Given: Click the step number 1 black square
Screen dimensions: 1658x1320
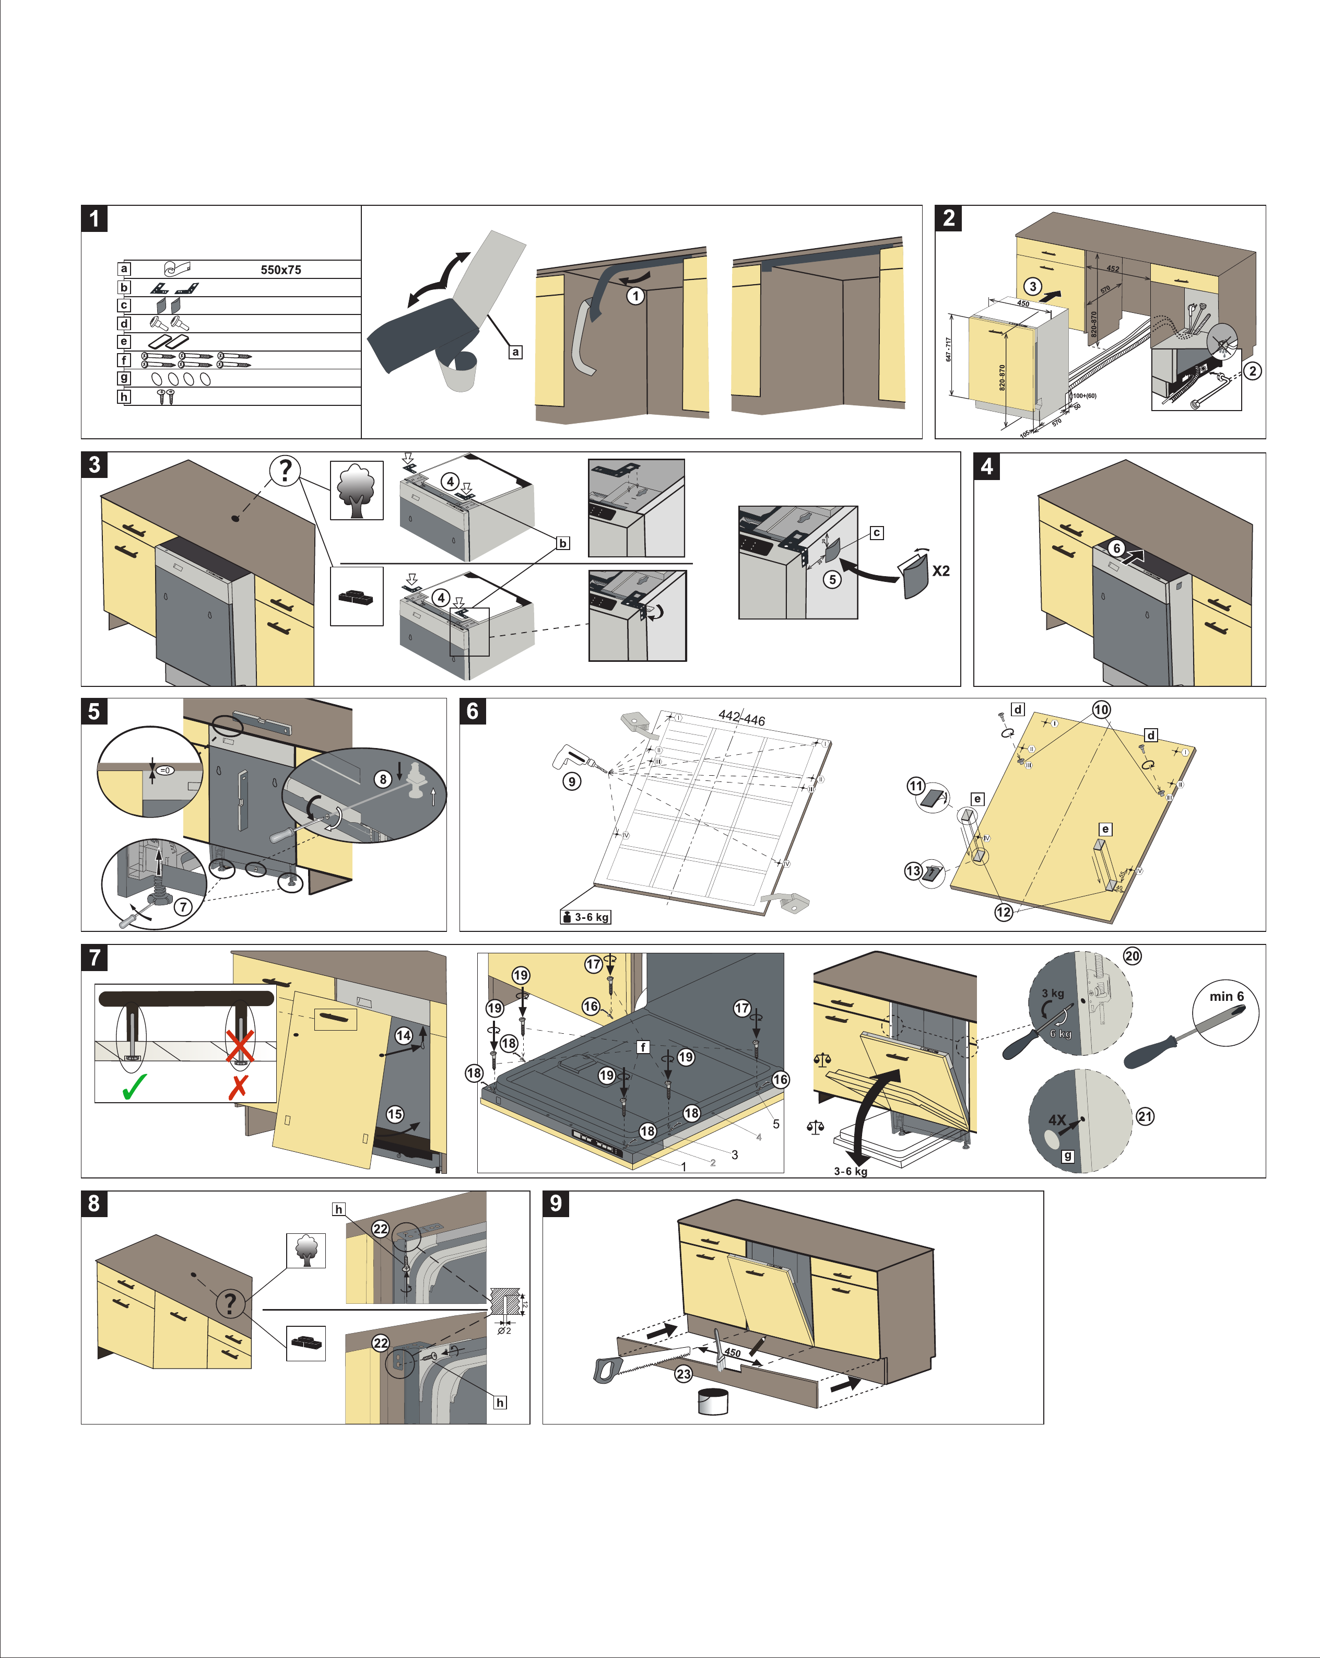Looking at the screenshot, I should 95,218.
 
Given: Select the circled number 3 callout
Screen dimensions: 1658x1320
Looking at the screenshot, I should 1032,286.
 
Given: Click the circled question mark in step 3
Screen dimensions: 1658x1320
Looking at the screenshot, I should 285,469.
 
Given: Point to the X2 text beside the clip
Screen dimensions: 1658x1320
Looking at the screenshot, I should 941,570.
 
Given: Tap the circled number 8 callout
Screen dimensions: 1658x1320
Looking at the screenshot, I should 383,779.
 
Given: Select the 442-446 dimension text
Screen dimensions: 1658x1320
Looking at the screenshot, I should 742,718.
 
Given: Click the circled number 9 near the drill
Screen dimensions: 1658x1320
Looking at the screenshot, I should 571,781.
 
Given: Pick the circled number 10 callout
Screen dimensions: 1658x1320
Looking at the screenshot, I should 1101,709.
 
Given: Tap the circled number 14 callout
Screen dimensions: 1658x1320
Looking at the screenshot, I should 403,1035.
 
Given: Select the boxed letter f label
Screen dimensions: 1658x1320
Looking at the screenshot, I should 643,1047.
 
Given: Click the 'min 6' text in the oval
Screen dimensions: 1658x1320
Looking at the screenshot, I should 1226,996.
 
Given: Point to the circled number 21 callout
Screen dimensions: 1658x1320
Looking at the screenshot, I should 1145,1116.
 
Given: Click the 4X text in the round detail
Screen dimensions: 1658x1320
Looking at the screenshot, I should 1057,1119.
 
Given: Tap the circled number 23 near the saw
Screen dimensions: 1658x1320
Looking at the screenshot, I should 683,1373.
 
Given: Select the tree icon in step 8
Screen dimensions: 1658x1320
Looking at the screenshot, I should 306,1251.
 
